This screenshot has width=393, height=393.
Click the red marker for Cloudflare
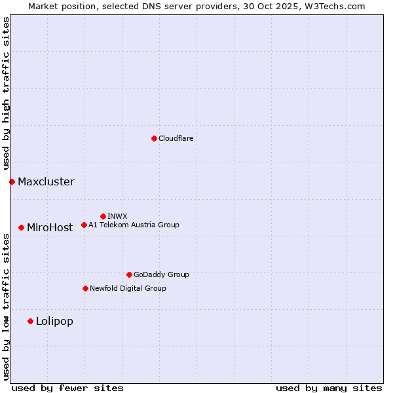[x=154, y=138]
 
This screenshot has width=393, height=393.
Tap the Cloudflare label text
[x=176, y=138]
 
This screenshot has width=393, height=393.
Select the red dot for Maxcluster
[x=12, y=181]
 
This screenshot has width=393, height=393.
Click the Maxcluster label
[x=46, y=181]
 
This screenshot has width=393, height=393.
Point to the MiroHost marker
[x=21, y=227]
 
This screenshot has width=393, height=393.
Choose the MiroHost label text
[x=50, y=228]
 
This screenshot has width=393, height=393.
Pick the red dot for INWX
[x=103, y=216]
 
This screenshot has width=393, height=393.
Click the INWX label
[x=117, y=216]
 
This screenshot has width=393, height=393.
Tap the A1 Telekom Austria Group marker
[x=84, y=225]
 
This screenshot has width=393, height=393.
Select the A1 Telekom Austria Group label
[x=134, y=225]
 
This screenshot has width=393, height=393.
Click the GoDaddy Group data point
[x=129, y=274]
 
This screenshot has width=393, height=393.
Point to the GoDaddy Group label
[x=161, y=274]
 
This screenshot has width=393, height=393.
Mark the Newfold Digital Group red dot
[x=85, y=288]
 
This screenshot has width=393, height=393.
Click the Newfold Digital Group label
[x=128, y=288]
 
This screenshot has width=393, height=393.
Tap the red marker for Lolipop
[x=30, y=321]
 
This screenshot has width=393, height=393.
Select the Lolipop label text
[x=54, y=321]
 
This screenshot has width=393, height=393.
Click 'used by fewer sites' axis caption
[x=67, y=388]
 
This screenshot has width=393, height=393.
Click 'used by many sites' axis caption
[x=329, y=388]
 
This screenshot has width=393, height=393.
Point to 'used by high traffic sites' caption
[x=7, y=94]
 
